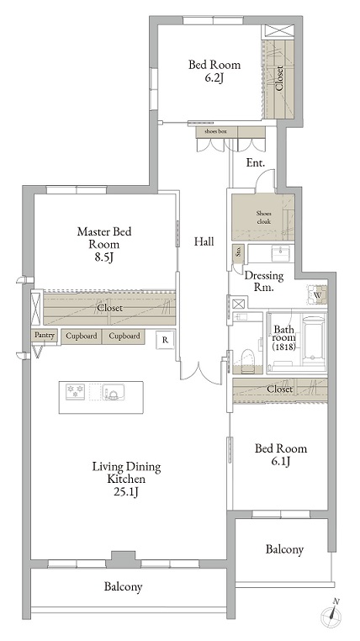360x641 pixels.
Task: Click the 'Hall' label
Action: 204,241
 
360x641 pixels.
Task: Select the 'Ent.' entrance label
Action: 256,162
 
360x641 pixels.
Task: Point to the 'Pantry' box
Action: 44,336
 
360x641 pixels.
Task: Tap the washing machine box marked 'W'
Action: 318,295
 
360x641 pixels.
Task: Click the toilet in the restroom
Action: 247,358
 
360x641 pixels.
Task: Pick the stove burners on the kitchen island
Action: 77,392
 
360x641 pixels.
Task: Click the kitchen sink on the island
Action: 113,392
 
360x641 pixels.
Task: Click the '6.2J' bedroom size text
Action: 214,78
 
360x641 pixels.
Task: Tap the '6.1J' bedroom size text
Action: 281,462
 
